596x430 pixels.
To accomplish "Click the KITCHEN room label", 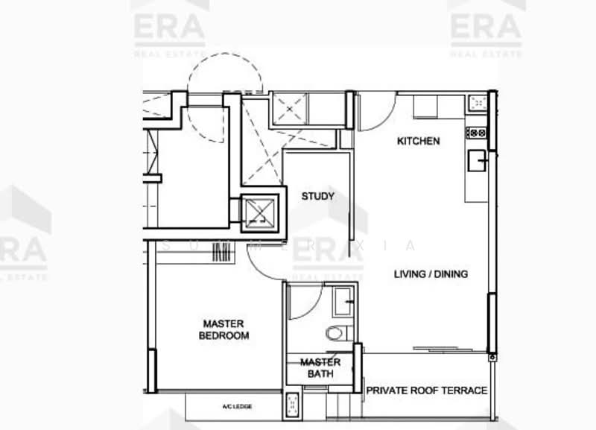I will (x=418, y=141).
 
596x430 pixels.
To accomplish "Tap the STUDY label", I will (x=317, y=197).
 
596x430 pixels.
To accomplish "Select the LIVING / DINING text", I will (x=431, y=274).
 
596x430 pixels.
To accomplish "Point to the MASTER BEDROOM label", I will (x=223, y=329).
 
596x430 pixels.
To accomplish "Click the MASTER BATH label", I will (x=320, y=368).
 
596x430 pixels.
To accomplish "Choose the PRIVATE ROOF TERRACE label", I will (x=427, y=391).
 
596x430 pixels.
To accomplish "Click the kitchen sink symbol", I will (x=477, y=159).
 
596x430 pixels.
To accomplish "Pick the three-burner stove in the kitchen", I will (x=476, y=133).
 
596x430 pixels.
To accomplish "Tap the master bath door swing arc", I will (x=305, y=298).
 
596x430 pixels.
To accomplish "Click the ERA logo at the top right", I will (x=486, y=27).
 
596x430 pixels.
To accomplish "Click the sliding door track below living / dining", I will (x=447, y=347).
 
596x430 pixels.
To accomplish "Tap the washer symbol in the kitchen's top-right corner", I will (x=477, y=102).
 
